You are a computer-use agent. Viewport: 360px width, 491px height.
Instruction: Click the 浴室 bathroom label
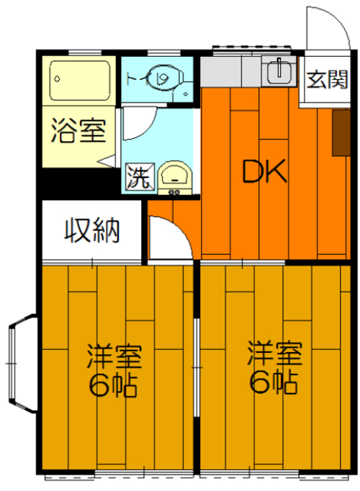point(78,130)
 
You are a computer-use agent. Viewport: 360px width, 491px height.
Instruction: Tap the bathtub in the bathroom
point(80,80)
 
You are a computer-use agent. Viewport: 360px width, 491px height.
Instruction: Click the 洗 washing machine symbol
point(140,176)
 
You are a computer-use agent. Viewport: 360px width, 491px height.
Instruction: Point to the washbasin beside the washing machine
point(174,177)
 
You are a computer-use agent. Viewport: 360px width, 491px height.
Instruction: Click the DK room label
point(264,171)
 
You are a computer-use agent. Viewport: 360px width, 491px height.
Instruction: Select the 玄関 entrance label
point(327,79)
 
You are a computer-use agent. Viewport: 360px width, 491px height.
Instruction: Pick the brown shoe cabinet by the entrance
point(341,132)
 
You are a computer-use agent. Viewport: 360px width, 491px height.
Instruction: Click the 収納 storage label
point(92,230)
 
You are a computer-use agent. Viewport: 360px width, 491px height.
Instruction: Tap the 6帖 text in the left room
point(113,385)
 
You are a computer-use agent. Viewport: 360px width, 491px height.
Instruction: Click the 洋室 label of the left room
point(114,356)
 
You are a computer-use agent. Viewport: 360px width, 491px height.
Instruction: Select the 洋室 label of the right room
point(274,353)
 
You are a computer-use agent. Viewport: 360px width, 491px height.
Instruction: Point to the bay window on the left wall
point(22,364)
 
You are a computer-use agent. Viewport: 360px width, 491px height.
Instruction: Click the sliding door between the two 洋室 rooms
point(197,367)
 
